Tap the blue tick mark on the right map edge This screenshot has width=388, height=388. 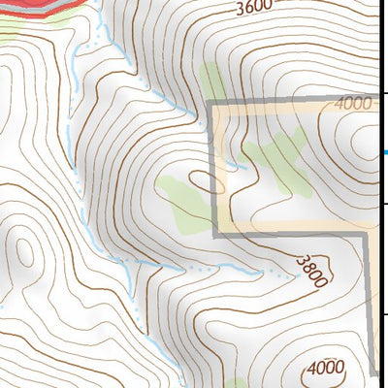tap(385, 152)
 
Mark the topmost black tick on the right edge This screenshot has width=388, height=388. tap(385, 93)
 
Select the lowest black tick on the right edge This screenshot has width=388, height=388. tap(385, 313)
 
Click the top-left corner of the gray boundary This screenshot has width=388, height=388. tap(213, 102)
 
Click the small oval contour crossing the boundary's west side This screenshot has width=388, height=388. tap(206, 180)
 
